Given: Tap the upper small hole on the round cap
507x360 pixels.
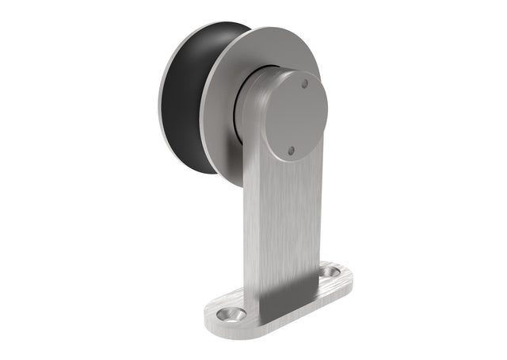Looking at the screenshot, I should pos(303,83).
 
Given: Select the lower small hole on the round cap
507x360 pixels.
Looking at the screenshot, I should pos(291,149).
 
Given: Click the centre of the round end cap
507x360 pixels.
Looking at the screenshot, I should pos(295,116).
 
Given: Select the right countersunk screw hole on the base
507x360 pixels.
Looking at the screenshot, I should pos(331,271).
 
